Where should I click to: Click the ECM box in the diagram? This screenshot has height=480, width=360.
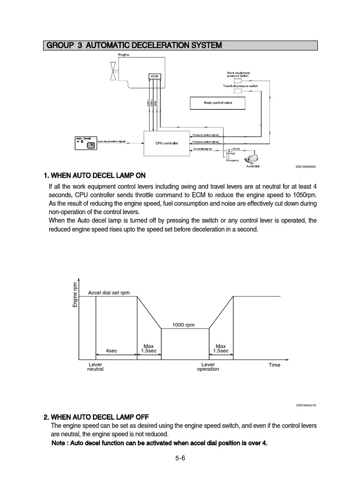tap(155, 75)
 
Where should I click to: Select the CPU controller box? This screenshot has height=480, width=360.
tap(164, 142)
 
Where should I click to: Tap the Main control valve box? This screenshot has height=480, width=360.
tap(218, 102)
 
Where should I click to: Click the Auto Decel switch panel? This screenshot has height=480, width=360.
tap(85, 142)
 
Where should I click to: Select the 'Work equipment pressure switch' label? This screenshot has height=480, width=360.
tap(238, 74)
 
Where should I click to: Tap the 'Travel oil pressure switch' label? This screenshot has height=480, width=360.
tap(240, 86)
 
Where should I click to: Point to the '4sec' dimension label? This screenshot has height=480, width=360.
tap(112, 350)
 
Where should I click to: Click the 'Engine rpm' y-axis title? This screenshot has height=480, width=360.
tap(75, 295)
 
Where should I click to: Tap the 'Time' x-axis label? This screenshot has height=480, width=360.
tap(274, 365)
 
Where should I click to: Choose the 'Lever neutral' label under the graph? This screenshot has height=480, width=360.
tap(95, 367)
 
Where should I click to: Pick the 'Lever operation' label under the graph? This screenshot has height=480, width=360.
tap(208, 367)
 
